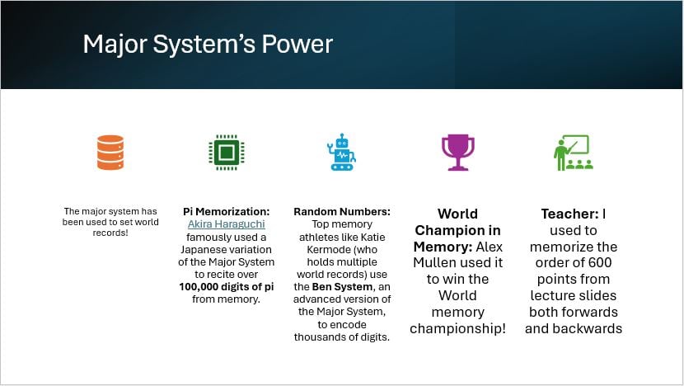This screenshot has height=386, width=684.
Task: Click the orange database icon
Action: click(x=110, y=153)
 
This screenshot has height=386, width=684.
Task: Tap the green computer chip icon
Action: click(x=227, y=153)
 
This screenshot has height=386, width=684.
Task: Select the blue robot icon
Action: click(x=341, y=152)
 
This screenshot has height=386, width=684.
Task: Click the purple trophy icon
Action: click(x=457, y=152)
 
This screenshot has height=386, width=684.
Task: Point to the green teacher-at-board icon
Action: click(x=574, y=153)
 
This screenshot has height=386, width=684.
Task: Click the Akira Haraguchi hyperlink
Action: click(x=227, y=224)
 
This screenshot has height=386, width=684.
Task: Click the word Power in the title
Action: click(x=297, y=44)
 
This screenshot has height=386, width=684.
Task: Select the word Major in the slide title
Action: click(x=115, y=45)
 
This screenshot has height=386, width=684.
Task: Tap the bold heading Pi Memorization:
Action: click(x=227, y=211)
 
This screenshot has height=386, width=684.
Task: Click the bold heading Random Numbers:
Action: click(x=342, y=211)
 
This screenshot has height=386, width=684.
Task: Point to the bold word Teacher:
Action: click(x=569, y=214)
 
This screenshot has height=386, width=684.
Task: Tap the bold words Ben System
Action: click(x=343, y=287)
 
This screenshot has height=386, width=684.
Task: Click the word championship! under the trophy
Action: click(x=457, y=328)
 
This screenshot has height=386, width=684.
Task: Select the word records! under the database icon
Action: click(x=110, y=233)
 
